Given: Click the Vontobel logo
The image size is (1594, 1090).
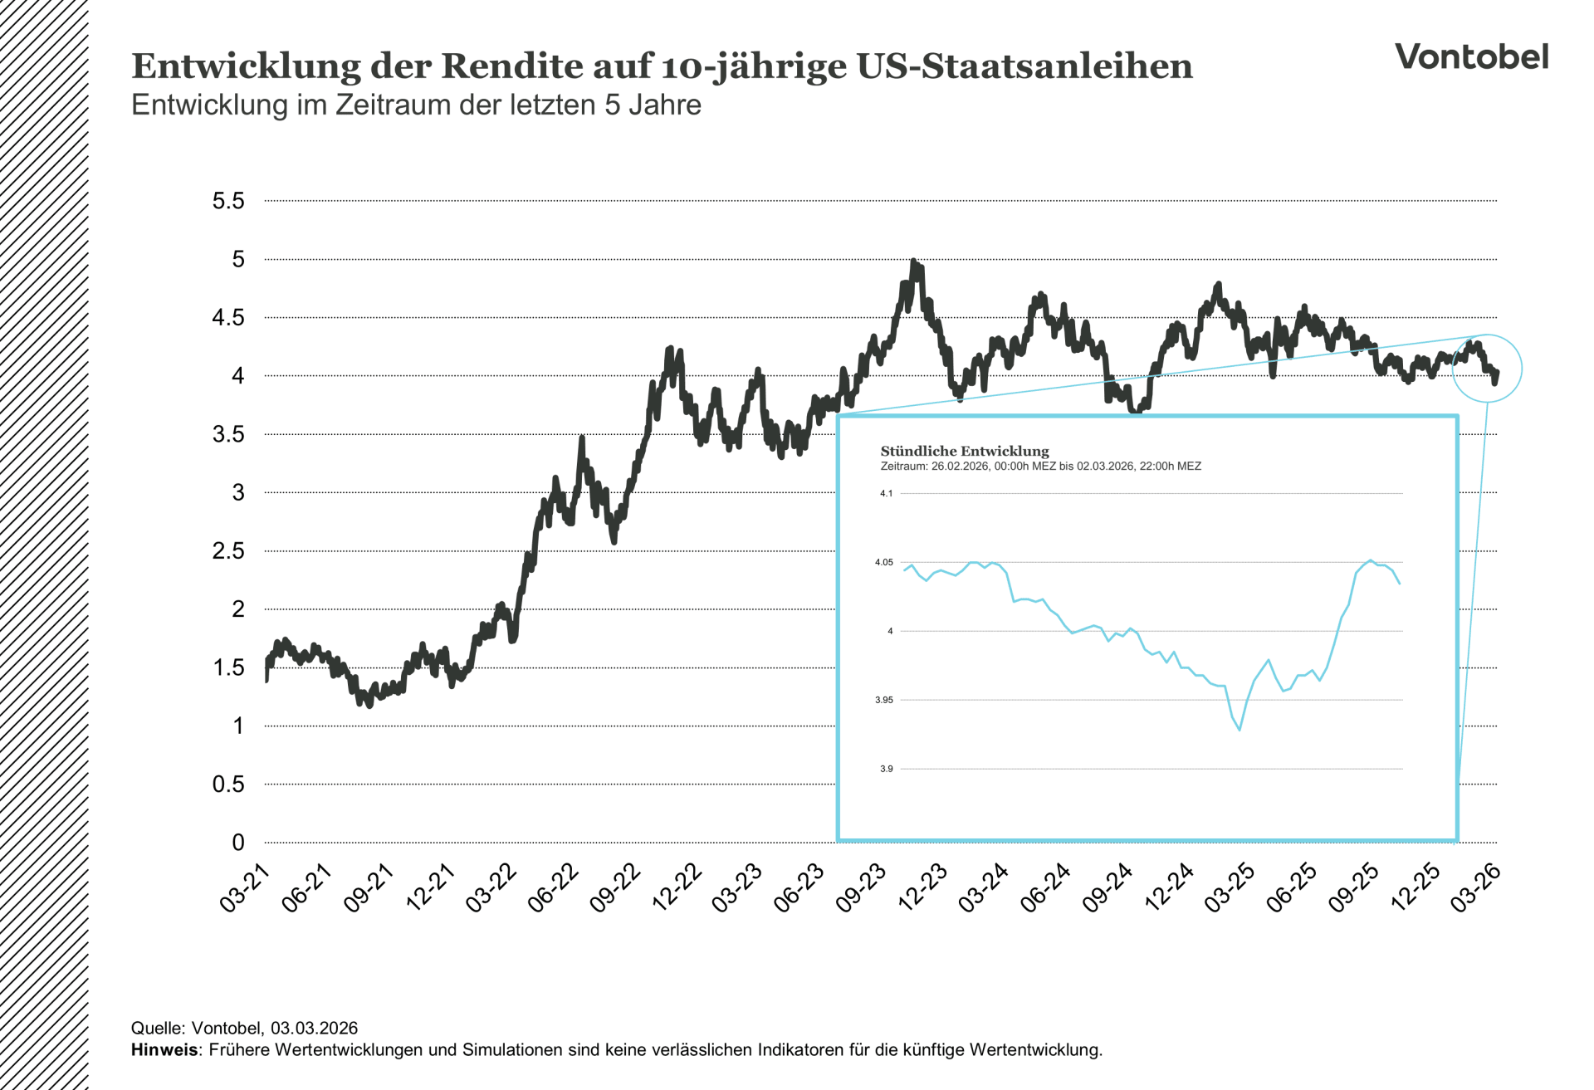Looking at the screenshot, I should pyautogui.click(x=1471, y=57).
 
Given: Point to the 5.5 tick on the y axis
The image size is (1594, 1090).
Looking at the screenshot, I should pyautogui.click(x=228, y=201).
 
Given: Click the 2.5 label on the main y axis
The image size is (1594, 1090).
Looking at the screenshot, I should pyautogui.click(x=228, y=551).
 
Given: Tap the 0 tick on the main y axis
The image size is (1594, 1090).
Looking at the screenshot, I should pyautogui.click(x=238, y=843).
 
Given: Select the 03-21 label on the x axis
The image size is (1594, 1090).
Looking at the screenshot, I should pyautogui.click(x=246, y=887).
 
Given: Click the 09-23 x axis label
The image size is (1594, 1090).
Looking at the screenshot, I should pyautogui.click(x=861, y=887).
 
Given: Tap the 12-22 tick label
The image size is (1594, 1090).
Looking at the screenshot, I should pyautogui.click(x=677, y=887).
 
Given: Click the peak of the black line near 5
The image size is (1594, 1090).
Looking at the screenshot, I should pyautogui.click(x=913, y=262).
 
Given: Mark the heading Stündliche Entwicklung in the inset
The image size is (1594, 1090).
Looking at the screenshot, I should pyautogui.click(x=964, y=451).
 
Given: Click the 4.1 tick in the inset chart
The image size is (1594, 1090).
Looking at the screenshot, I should pyautogui.click(x=886, y=494).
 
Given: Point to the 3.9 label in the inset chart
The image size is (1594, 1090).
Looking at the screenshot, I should pyautogui.click(x=886, y=770).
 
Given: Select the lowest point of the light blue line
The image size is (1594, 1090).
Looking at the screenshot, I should pyautogui.click(x=1239, y=730).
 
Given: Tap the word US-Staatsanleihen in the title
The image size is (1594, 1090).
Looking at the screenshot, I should pyautogui.click(x=1024, y=66).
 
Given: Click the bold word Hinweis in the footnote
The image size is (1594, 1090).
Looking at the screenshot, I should pyautogui.click(x=164, y=1050).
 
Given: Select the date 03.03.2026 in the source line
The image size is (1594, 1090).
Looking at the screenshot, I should pyautogui.click(x=314, y=1029).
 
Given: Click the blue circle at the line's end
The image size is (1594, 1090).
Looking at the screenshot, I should pyautogui.click(x=1487, y=369).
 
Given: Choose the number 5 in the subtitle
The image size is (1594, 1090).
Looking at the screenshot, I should pyautogui.click(x=611, y=105).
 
